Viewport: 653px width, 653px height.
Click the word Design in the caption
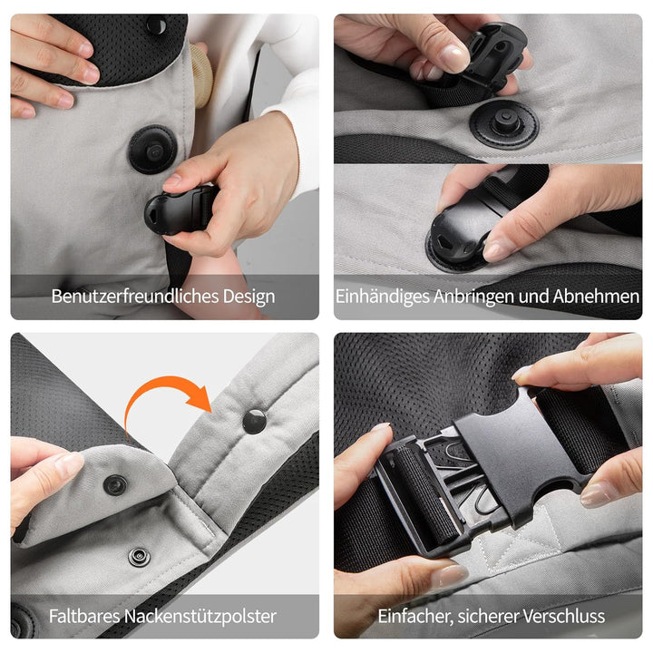[249, 297]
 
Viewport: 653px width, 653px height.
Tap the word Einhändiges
[383, 297]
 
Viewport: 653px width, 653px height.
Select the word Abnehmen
[596, 297]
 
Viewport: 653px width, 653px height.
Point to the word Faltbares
[84, 616]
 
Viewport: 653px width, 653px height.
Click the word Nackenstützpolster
[200, 617]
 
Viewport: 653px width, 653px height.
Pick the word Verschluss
[564, 616]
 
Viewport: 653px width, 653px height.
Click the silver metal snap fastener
[139, 557]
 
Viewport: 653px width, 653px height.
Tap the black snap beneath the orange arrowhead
[254, 422]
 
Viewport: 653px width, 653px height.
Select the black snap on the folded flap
[115, 484]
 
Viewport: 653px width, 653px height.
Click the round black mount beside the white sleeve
[153, 149]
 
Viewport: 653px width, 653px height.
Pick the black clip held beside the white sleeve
[180, 210]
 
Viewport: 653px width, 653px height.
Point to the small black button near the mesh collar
[156, 24]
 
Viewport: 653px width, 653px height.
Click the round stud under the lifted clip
[505, 122]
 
